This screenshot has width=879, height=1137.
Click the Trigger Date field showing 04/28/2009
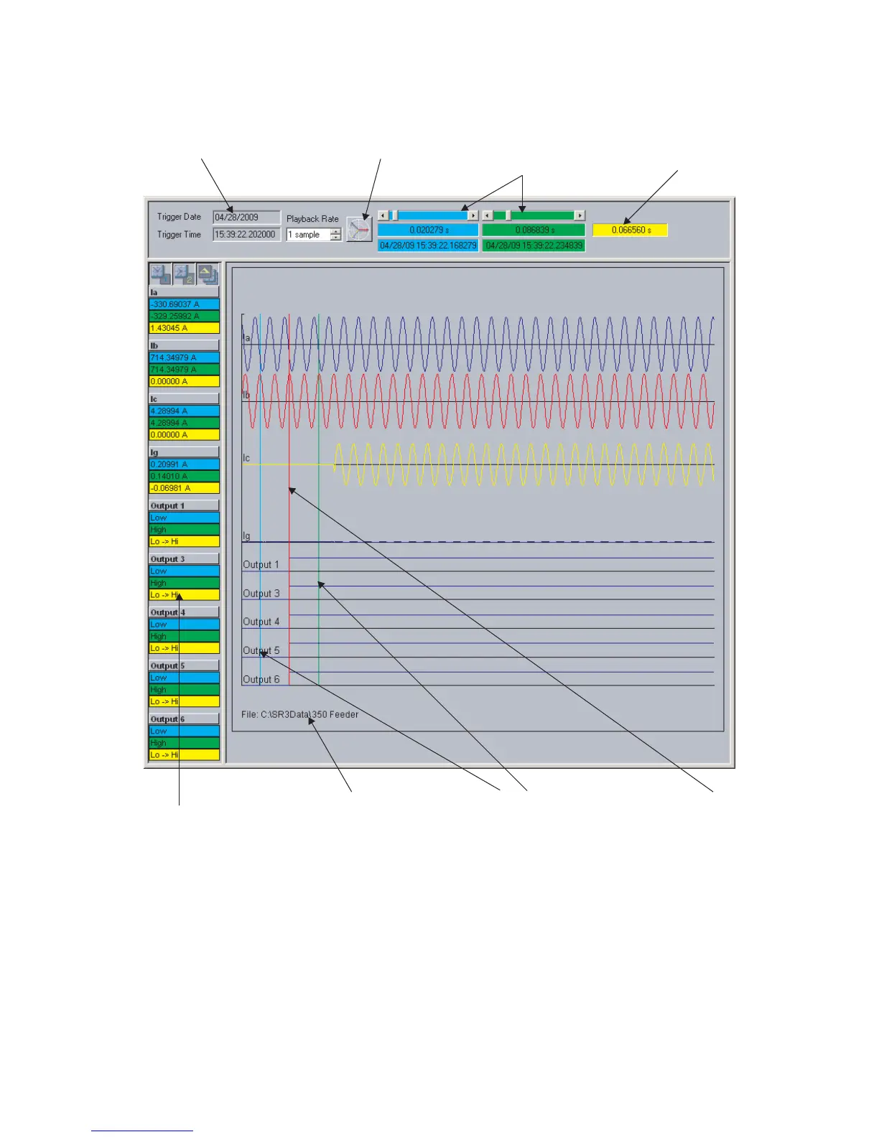point(246,217)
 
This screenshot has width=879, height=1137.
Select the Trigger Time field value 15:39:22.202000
point(246,235)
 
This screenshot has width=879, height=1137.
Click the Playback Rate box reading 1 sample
point(309,235)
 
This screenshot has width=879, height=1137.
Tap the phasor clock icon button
point(358,230)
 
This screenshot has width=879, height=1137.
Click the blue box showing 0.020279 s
point(428,230)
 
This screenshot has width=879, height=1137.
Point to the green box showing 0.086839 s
point(534,230)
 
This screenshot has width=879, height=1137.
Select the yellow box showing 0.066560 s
point(631,230)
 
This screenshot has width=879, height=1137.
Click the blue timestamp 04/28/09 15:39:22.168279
point(428,245)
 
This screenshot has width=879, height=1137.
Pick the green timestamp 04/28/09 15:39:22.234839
point(534,245)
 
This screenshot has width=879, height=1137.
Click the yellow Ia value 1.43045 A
point(184,328)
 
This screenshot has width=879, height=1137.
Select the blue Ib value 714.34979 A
point(184,357)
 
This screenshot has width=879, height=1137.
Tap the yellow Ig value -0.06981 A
point(184,488)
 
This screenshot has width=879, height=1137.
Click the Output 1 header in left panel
point(184,506)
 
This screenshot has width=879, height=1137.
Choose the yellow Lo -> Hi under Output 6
point(184,755)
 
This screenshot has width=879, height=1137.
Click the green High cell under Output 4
point(184,636)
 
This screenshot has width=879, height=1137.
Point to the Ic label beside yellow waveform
point(246,458)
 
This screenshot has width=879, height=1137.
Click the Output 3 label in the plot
point(261,594)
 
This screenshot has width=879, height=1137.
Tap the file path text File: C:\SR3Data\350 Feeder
point(299,715)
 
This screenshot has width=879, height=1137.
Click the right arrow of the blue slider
point(473,215)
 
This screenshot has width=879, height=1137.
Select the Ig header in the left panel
point(184,452)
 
